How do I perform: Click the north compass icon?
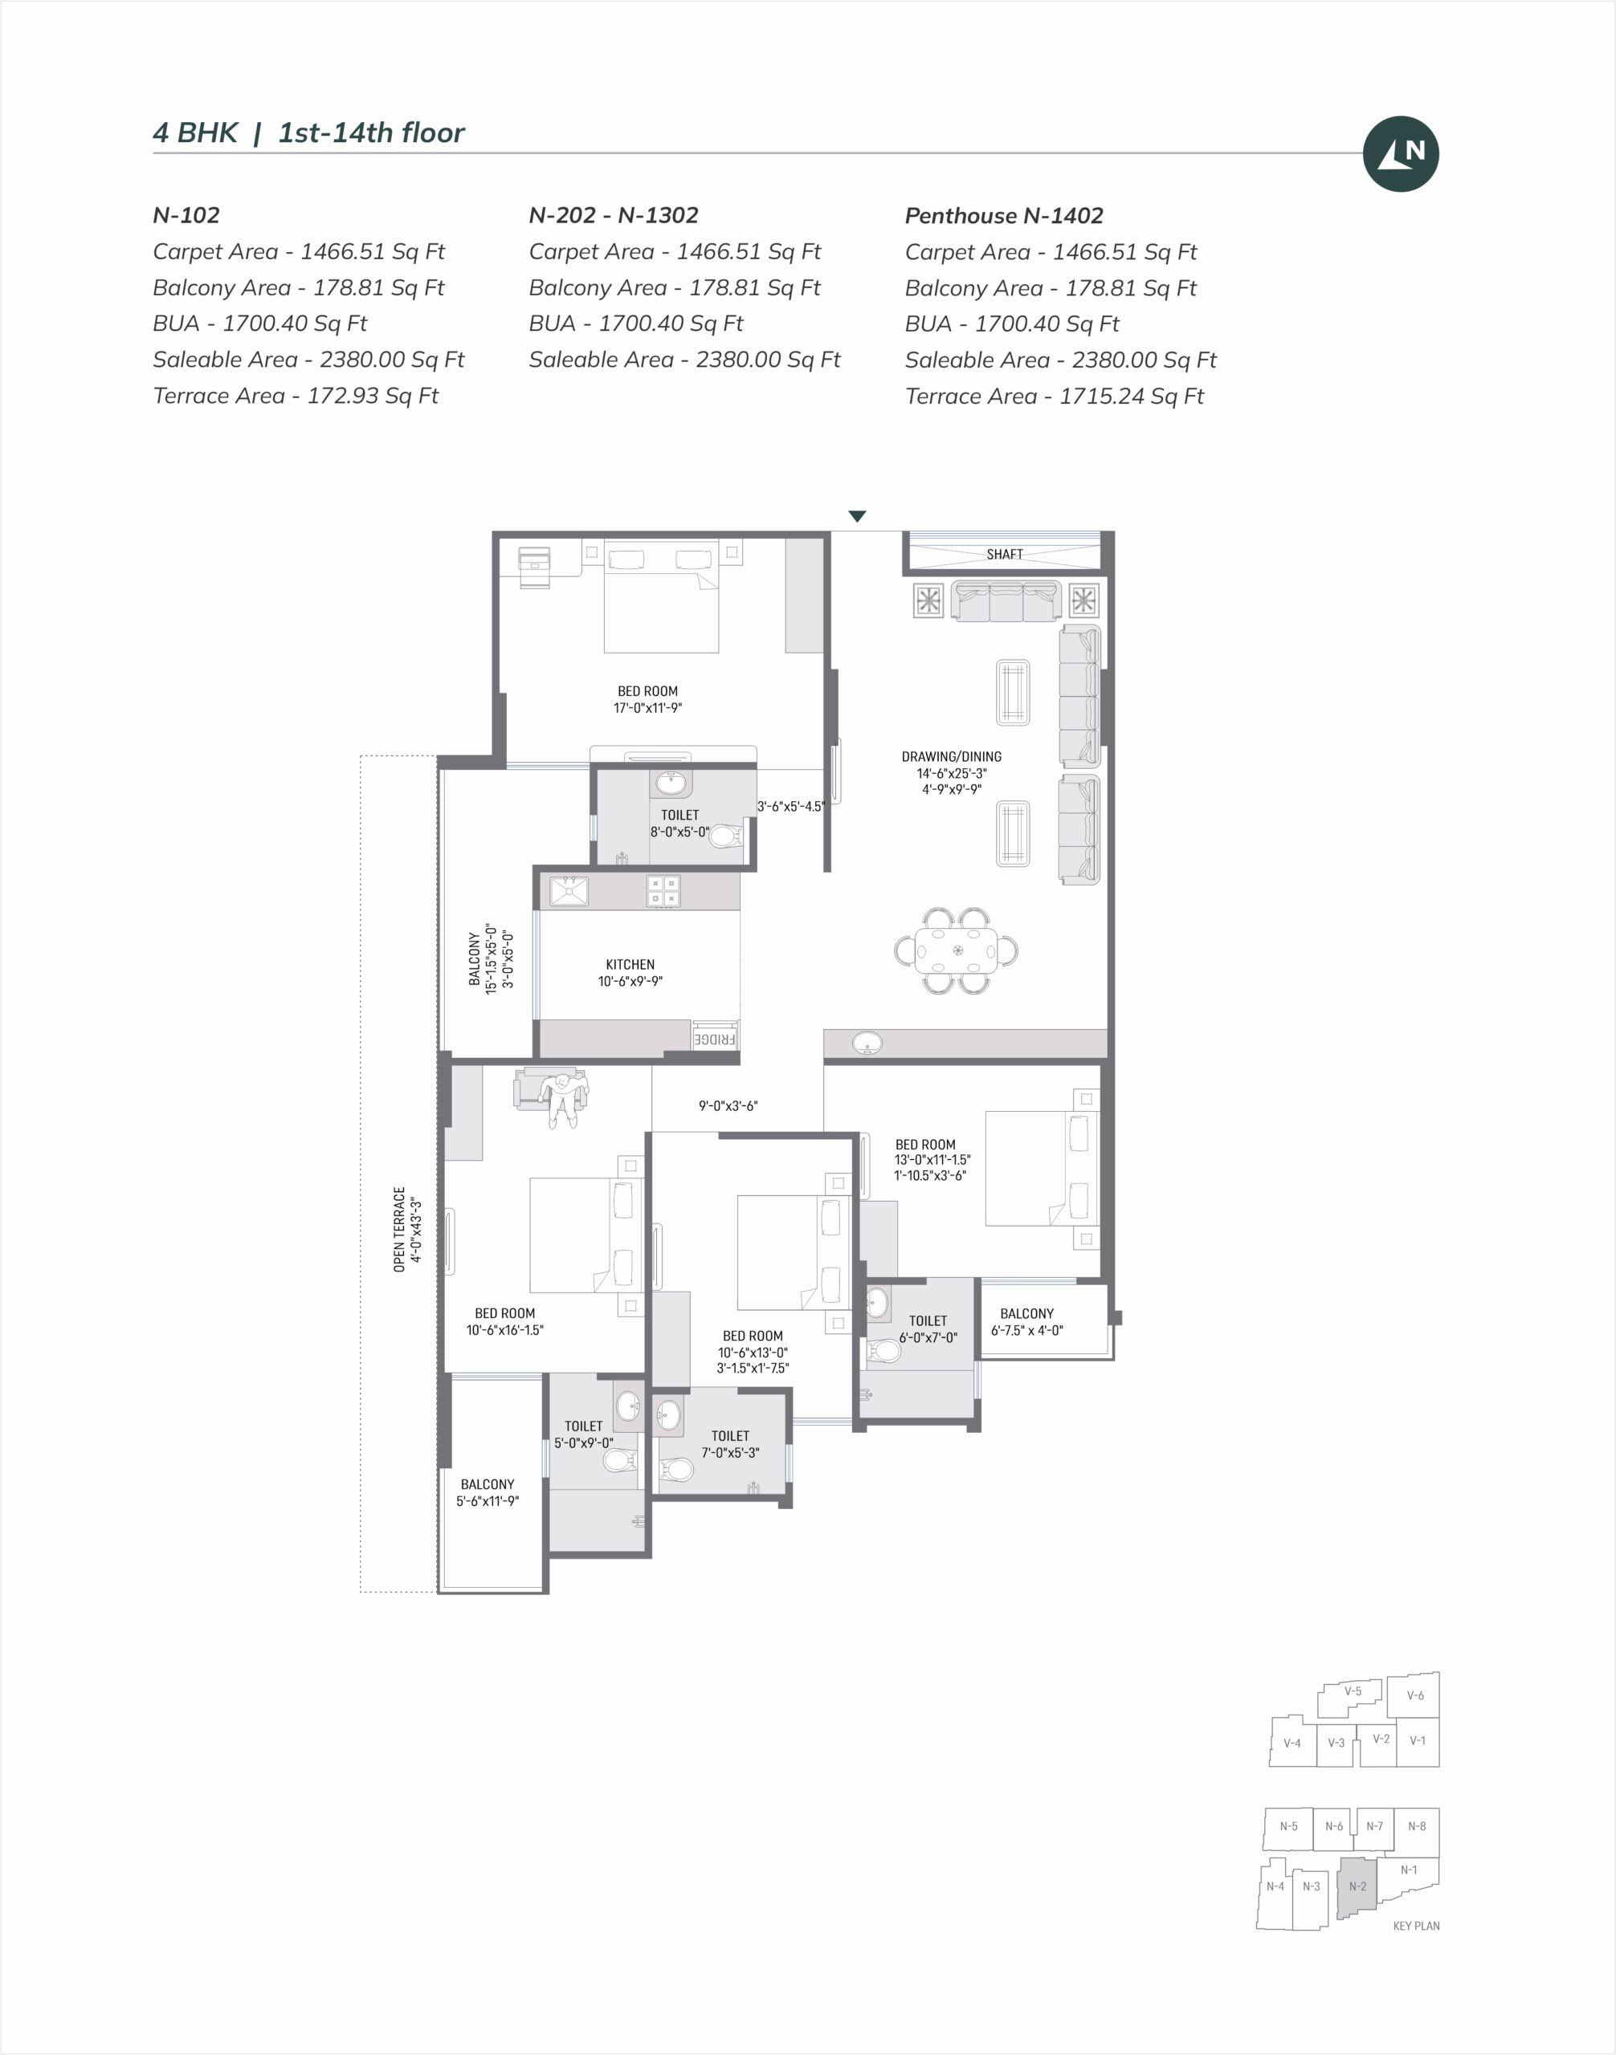pos(1400,153)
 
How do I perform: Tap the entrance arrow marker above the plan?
pos(857,516)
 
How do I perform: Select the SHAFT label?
pos(1005,554)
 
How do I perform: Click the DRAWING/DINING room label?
pos(952,756)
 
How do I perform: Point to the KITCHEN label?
pos(630,965)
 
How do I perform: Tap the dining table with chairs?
pos(957,950)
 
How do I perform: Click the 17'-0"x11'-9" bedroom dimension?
pos(648,707)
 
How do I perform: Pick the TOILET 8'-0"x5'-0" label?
pos(680,824)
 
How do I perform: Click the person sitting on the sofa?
pos(562,1099)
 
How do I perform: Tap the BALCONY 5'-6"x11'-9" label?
pos(488,1492)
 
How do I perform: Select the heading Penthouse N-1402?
pos(1004,216)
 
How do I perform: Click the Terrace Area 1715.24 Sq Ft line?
pos(1054,397)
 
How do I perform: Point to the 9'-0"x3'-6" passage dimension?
pos(728,1105)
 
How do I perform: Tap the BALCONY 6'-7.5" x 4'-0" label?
pos(1027,1322)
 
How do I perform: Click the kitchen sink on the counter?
pos(569,891)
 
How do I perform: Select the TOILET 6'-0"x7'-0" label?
pos(928,1329)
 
